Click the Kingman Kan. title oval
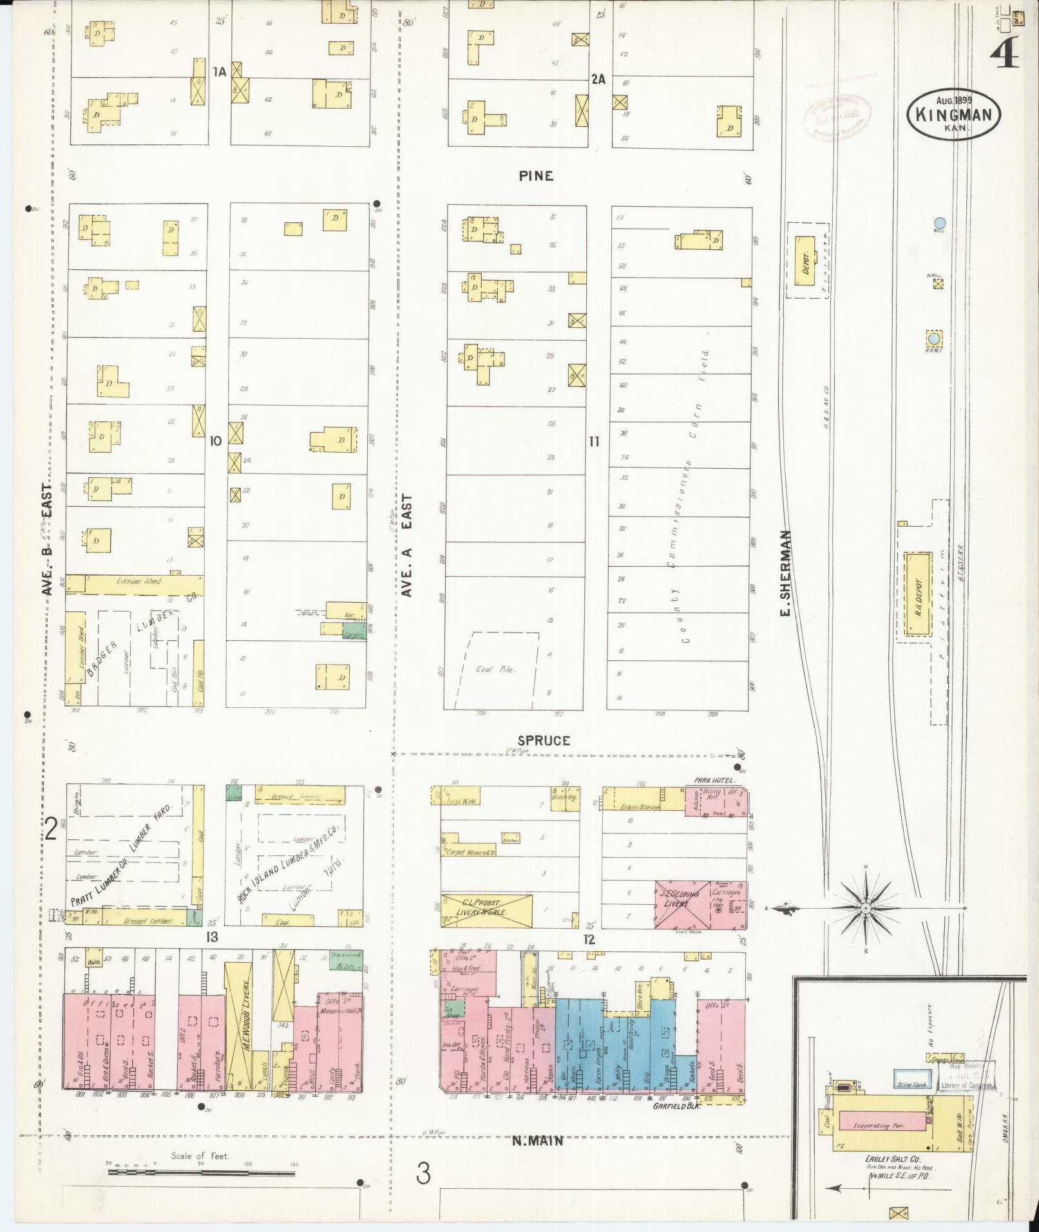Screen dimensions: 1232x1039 click(953, 114)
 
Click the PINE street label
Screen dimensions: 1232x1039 click(536, 176)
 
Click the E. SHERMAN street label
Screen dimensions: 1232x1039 click(785, 573)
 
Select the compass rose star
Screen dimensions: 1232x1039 click(865, 909)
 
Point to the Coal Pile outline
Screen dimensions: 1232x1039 click(497, 669)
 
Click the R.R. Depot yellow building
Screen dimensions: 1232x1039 click(918, 594)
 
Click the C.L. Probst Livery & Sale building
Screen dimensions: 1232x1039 click(486, 910)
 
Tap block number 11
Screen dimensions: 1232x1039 click(593, 441)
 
